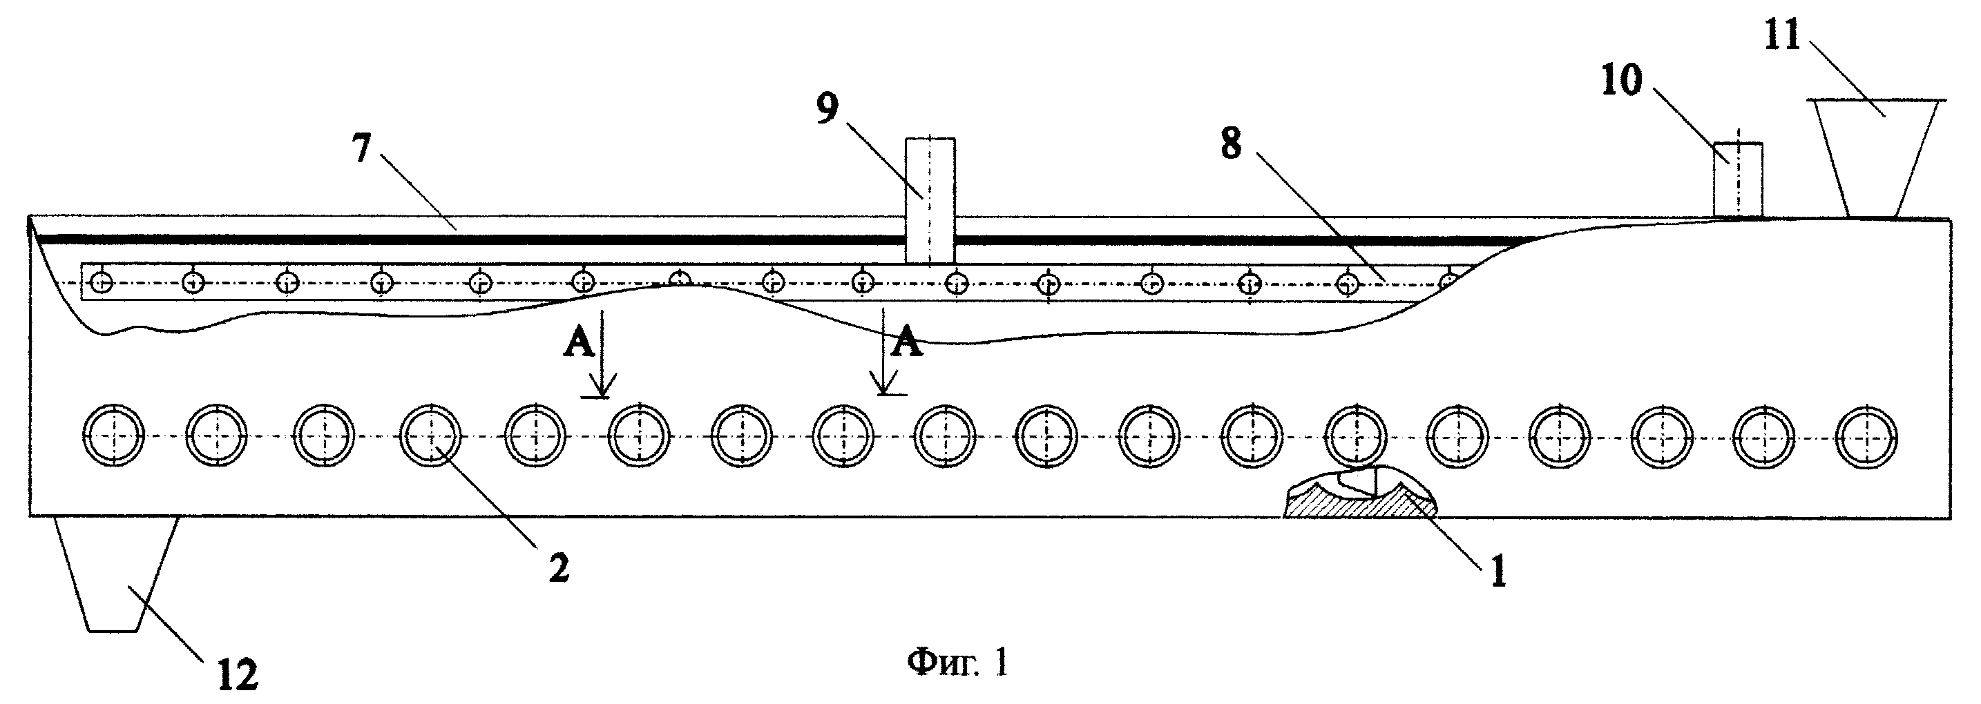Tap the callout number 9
[827, 109]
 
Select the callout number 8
[1231, 144]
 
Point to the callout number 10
[1622, 80]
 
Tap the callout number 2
[559, 569]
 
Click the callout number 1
[1498, 573]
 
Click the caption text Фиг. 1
[957, 662]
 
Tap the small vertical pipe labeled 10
[1738, 180]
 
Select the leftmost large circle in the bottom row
[115, 436]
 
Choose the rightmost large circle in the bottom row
[1866, 436]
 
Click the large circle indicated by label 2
[432, 436]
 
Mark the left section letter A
[580, 344]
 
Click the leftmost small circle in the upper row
[102, 284]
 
